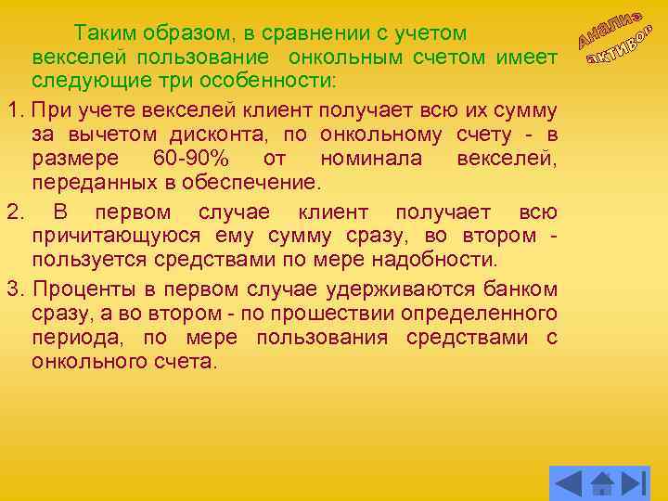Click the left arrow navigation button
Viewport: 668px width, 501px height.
(568, 482)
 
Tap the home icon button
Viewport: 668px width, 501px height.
(602, 482)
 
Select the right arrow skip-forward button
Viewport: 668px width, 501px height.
(634, 482)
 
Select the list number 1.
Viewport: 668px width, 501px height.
(11, 110)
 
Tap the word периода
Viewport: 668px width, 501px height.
(70, 336)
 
